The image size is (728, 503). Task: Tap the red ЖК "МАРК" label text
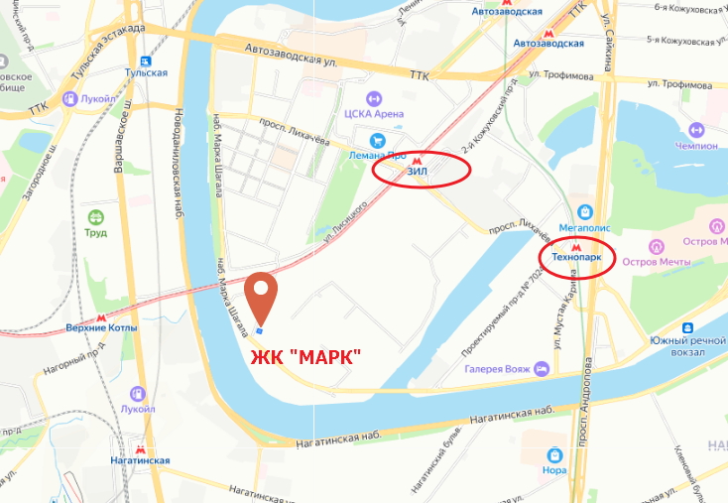[304, 356]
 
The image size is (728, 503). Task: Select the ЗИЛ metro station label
[418, 171]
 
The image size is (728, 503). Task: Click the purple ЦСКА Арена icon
[374, 98]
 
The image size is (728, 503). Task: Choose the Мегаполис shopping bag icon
[586, 211]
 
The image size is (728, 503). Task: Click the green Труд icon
[96, 217]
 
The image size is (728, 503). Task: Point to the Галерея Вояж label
[497, 369]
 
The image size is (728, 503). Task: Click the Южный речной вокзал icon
[686, 330]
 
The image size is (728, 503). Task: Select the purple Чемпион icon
[696, 130]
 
